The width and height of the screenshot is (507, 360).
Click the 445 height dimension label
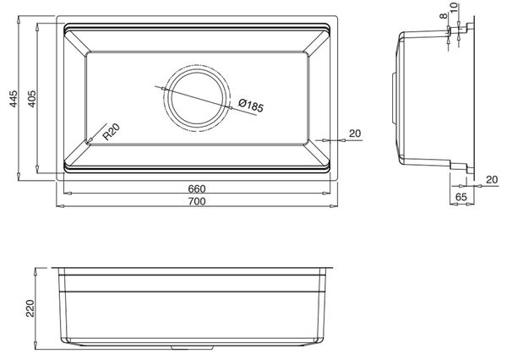(14, 99)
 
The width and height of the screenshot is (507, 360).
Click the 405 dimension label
(32, 99)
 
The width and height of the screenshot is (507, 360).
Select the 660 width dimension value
(197, 188)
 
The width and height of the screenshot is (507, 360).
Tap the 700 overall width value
(197, 201)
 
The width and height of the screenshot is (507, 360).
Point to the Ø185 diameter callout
(251, 105)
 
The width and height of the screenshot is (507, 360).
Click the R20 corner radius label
(112, 132)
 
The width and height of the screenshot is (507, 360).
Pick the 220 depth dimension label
(30, 308)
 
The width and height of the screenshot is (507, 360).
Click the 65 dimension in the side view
(461, 197)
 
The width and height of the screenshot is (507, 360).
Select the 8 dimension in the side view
(444, 15)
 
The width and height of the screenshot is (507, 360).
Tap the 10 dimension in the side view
(454, 6)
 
